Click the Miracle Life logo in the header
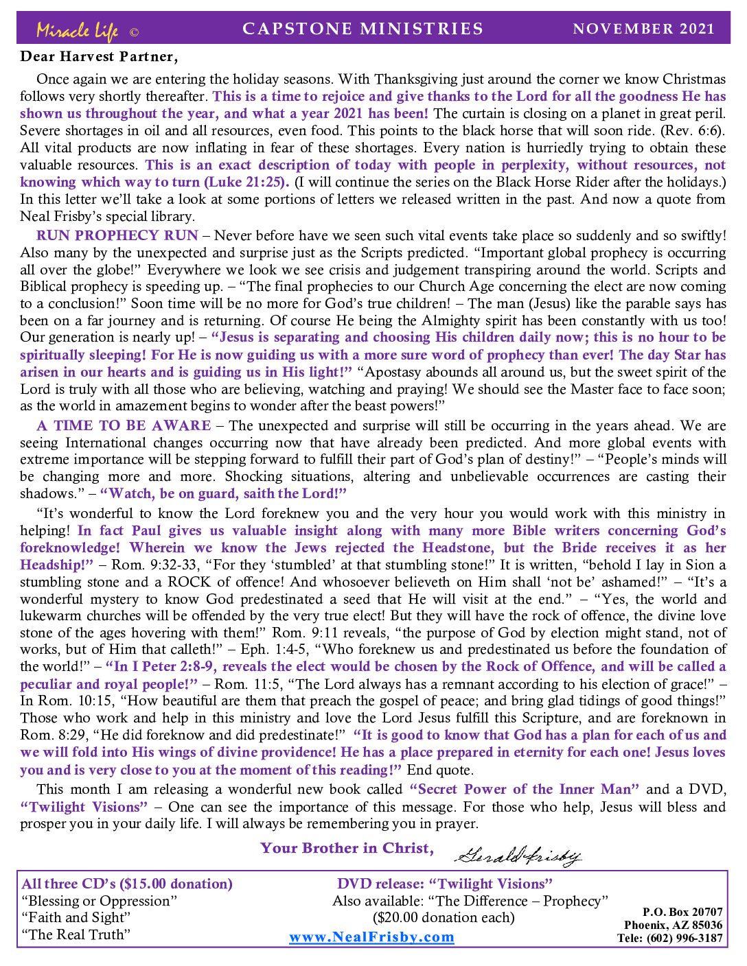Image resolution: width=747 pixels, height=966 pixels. (77, 30)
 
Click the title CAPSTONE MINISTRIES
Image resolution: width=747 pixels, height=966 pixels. (363, 29)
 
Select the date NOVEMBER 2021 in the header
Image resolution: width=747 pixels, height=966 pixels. (643, 29)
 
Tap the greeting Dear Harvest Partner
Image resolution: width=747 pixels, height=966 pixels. (99, 56)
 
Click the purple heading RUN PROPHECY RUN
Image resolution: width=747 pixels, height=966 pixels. (117, 235)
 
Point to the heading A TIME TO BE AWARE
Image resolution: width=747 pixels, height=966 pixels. (124, 425)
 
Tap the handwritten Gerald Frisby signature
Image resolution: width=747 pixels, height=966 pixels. (518, 854)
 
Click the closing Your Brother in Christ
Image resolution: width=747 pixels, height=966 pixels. (347, 848)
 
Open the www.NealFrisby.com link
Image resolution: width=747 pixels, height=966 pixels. (371, 937)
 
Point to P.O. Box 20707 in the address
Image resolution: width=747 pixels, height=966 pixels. (682, 912)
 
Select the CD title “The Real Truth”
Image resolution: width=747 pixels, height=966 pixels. (76, 934)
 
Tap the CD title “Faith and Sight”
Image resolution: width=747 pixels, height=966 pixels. (76, 917)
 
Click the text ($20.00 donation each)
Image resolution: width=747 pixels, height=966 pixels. (444, 917)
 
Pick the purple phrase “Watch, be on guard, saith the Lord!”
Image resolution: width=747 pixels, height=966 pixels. (223, 493)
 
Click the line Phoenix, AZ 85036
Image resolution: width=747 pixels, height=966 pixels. (673, 925)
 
